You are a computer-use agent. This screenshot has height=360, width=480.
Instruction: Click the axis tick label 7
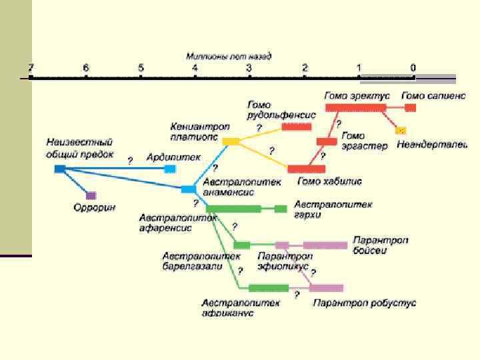point(31,67)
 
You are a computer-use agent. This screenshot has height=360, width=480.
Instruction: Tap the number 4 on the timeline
point(195,67)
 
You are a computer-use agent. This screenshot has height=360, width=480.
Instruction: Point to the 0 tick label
point(413,67)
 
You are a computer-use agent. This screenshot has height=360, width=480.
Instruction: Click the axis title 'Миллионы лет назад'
point(229,57)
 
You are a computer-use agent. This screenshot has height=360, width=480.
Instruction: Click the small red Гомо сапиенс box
point(410,107)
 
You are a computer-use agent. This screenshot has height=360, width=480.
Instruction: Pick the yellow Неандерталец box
point(401,129)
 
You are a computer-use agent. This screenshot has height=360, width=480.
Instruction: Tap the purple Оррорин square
point(91,195)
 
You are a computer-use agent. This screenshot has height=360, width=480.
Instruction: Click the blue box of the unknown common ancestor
point(60,169)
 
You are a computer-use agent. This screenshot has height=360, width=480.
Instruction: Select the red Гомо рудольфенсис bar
point(296,127)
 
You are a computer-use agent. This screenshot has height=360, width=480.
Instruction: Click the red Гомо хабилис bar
point(306,169)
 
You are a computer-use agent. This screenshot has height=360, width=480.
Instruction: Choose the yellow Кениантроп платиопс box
point(230,141)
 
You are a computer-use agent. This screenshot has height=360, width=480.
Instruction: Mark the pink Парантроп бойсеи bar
point(325,245)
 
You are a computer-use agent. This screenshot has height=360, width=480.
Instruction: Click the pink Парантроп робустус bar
point(326,288)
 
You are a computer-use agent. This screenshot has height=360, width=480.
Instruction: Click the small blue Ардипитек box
point(169,169)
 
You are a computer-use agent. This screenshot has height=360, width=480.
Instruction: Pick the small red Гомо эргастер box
point(326,141)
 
